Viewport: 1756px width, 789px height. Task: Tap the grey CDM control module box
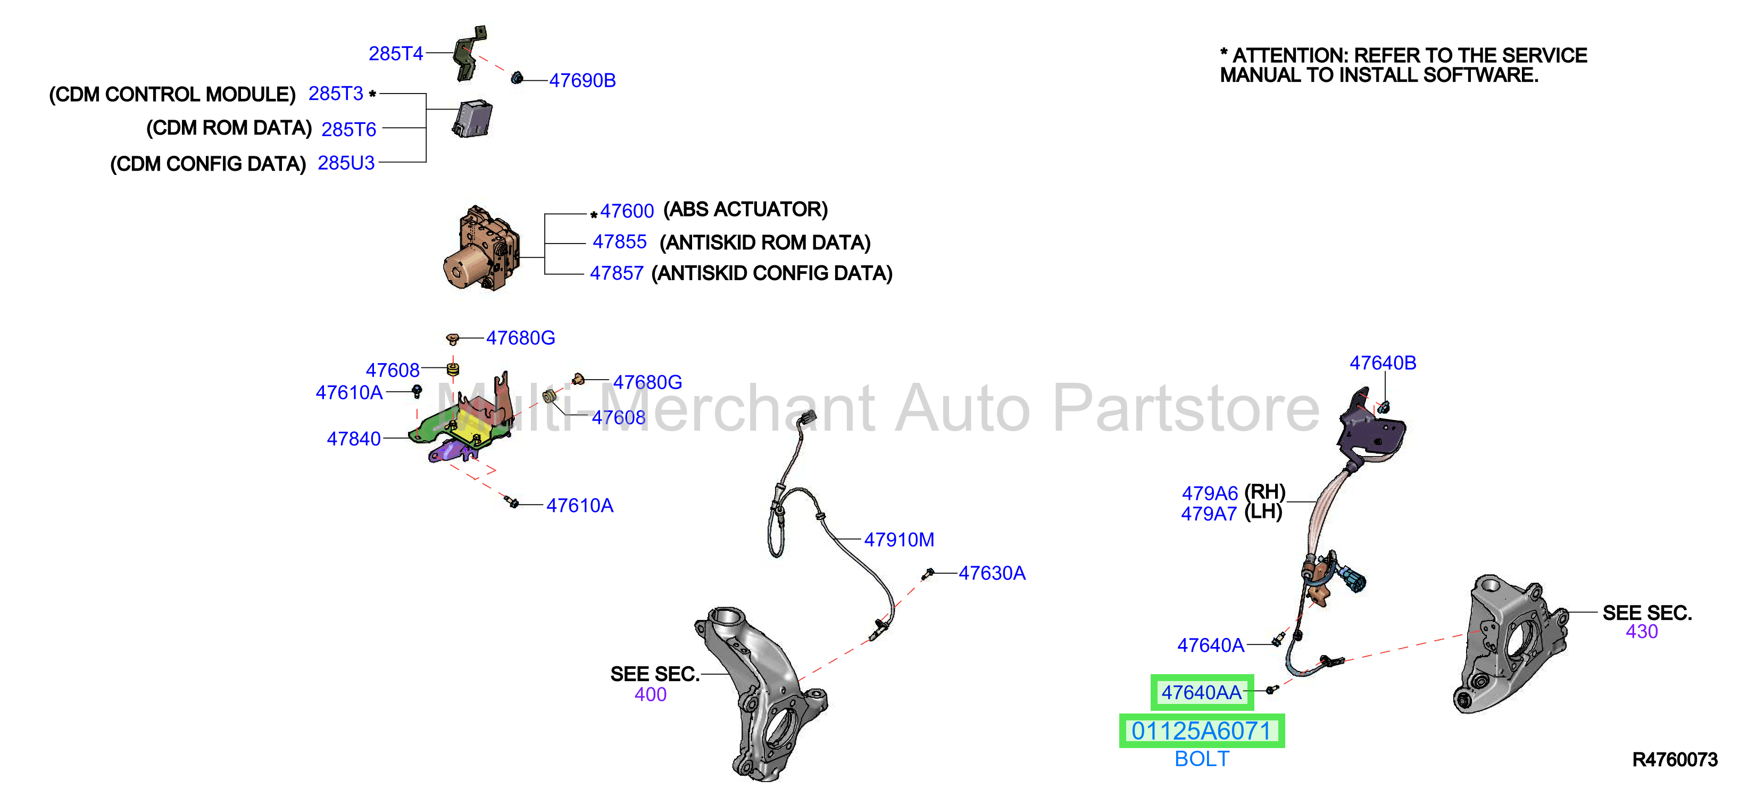(472, 119)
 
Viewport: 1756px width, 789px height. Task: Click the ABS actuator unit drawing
(481, 249)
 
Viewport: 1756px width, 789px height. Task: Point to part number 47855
(619, 242)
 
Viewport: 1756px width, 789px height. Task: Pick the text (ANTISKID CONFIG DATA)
(772, 273)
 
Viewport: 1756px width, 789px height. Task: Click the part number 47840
(353, 439)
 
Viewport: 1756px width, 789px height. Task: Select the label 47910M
(899, 540)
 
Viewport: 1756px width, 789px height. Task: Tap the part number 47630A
(992, 573)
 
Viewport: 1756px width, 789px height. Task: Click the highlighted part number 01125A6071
(1201, 731)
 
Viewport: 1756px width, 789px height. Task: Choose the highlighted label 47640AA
(1201, 692)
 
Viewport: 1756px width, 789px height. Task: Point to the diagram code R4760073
(1675, 760)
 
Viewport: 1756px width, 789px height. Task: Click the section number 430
(1642, 632)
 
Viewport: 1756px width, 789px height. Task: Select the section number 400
(650, 694)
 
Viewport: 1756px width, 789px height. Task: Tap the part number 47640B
(1383, 363)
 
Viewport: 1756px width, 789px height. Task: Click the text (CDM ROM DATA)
(229, 128)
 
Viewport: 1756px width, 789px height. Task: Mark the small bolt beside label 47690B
(517, 78)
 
